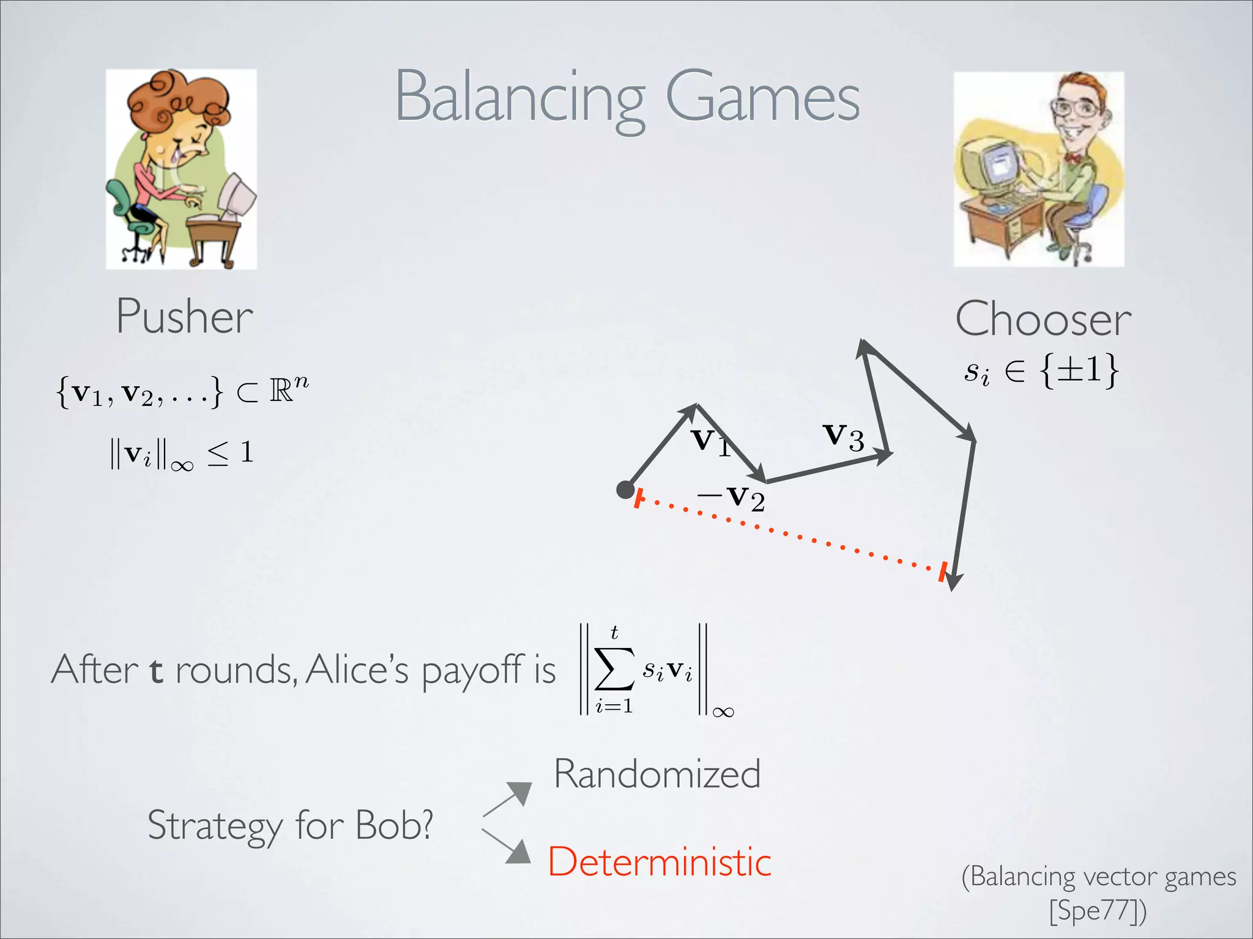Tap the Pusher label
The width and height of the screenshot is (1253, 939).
[x=184, y=317]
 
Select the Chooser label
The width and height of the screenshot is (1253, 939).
[x=1043, y=319]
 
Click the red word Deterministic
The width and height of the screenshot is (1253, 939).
[x=659, y=862]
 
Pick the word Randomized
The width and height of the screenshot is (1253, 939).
[x=657, y=774]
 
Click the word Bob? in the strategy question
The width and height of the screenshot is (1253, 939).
[x=394, y=825]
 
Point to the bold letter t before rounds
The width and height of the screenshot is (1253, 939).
[x=156, y=670]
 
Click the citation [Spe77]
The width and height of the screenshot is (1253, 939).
[x=1098, y=910]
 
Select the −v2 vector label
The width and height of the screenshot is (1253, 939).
[x=732, y=498]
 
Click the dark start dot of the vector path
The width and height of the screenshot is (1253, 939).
[x=625, y=490]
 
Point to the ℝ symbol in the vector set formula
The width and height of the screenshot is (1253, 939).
[x=281, y=391]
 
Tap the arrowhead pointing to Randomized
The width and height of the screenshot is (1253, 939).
[x=521, y=793]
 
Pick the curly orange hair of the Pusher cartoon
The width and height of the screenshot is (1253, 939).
[x=177, y=98]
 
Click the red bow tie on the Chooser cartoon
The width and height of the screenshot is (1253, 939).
[x=1072, y=158]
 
